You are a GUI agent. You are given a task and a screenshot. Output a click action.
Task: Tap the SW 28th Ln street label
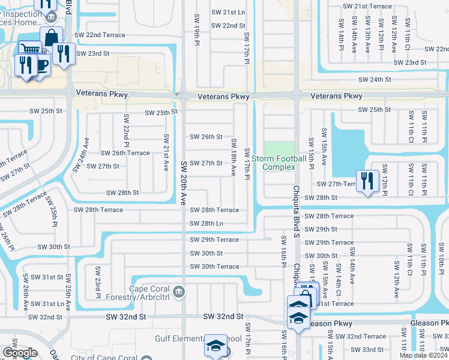click(206, 224)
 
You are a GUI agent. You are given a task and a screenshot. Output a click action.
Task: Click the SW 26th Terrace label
click(125, 153)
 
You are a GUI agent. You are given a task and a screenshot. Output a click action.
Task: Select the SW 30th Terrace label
click(214, 266)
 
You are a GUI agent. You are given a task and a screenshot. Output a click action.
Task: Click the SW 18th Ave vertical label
click(233, 157)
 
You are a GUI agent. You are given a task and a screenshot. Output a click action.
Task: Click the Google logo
click(20, 353)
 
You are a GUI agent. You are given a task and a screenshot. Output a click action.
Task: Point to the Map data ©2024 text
click(423, 355)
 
